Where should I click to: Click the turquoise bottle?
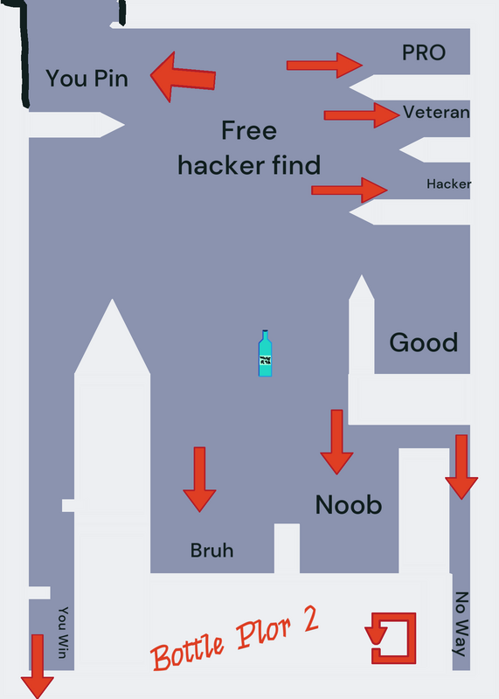[265, 354]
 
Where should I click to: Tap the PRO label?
[424, 52]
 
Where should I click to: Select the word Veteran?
[436, 112]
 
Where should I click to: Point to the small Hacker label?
[448, 183]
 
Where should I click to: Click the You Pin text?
[87, 79]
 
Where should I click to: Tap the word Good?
[424, 343]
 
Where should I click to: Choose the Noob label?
[349, 505]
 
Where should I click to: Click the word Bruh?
[211, 550]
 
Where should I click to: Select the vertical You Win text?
[63, 632]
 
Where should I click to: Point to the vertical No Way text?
[461, 624]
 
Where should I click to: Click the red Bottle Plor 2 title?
[235, 639]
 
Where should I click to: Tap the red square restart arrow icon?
[391, 638]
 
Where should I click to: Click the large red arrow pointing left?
[183, 77]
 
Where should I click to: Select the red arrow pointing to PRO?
[324, 66]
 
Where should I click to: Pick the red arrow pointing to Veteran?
[362, 115]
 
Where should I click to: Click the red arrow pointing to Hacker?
[350, 190]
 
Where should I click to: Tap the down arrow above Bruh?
[200, 479]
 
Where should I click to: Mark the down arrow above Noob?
[336, 442]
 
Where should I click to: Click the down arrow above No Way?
[461, 467]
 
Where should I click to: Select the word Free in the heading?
[249, 130]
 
